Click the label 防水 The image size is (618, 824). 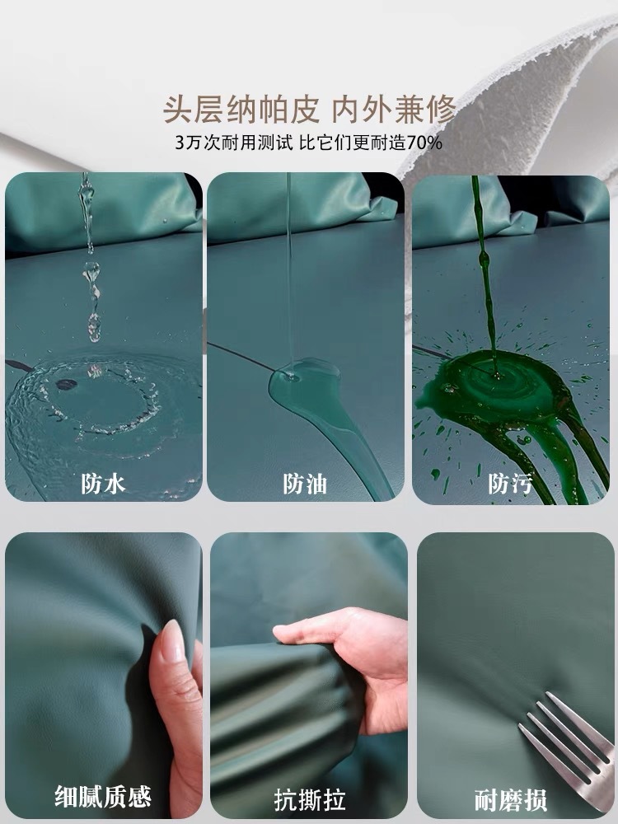pyautogui.click(x=103, y=484)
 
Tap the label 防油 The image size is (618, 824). pyautogui.click(x=305, y=484)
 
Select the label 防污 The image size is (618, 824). pyautogui.click(x=510, y=484)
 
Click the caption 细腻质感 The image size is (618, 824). pyautogui.click(x=103, y=797)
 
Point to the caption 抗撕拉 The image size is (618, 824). pyautogui.click(x=310, y=800)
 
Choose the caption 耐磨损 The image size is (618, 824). pyautogui.click(x=511, y=800)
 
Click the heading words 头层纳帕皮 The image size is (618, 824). pyautogui.click(x=241, y=110)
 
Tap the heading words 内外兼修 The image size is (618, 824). pyautogui.click(x=394, y=110)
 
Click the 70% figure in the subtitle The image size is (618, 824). pyautogui.click(x=424, y=143)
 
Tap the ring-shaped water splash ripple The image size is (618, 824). pyautogui.click(x=100, y=400)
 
